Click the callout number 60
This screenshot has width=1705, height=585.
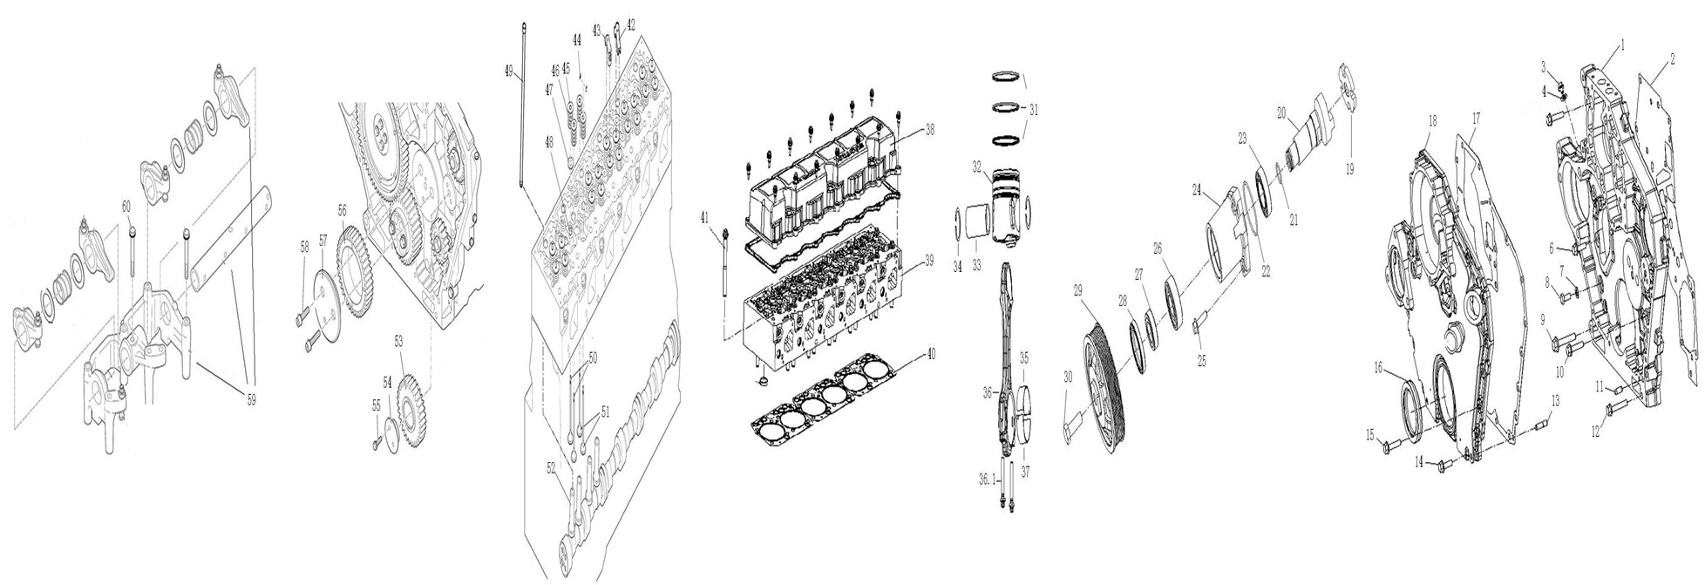(126, 206)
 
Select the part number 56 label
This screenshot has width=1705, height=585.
(342, 210)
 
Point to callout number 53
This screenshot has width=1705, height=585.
(399, 342)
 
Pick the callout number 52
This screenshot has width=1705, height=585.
(551, 468)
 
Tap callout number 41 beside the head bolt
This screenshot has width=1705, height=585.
(705, 220)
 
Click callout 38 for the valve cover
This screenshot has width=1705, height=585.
(929, 130)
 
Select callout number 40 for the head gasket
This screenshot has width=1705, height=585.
(930, 354)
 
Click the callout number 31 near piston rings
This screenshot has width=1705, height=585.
(1034, 110)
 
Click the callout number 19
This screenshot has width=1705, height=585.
(1349, 169)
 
